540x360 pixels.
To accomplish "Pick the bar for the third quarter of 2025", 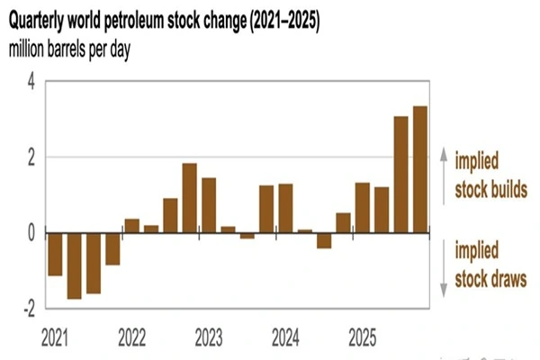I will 400,175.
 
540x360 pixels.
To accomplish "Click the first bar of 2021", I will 55,254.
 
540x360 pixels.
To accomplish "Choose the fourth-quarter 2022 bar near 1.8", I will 189,198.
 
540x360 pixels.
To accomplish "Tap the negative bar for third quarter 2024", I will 323,240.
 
